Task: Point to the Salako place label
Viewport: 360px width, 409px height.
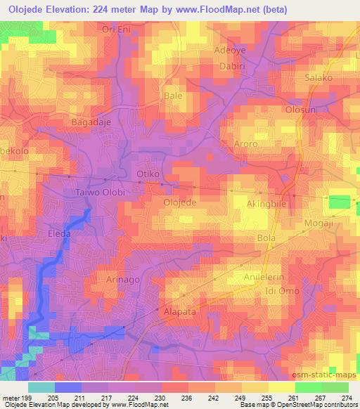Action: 319,78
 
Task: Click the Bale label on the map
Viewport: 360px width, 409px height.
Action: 172,94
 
